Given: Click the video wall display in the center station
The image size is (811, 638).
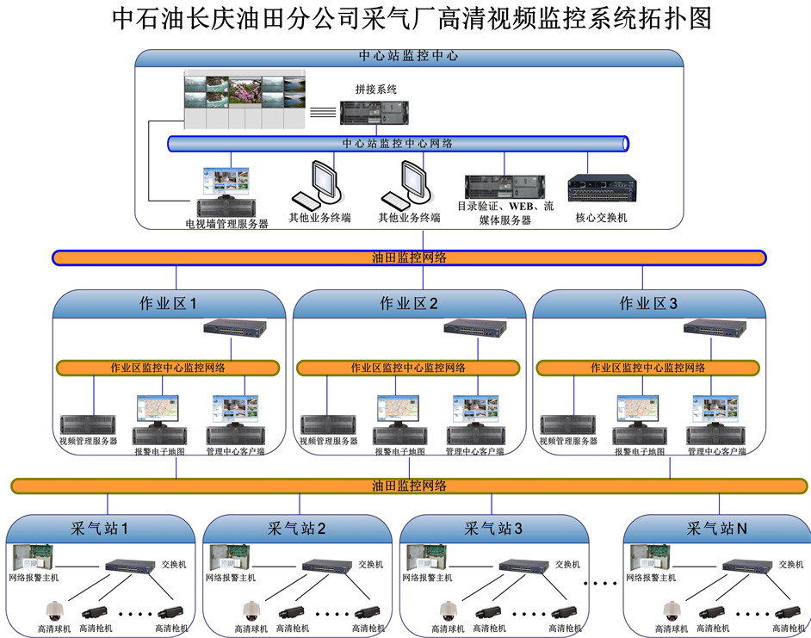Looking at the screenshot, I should (x=245, y=101).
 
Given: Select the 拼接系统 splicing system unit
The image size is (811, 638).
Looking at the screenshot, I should (x=374, y=112).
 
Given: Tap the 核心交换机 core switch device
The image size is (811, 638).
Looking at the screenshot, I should (x=602, y=190).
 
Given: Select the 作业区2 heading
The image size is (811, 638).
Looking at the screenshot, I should (x=409, y=304).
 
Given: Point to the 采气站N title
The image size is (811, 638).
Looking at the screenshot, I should (x=716, y=528).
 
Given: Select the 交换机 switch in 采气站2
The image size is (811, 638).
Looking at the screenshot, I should (x=326, y=566).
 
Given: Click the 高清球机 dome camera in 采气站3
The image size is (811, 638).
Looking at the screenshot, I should (x=447, y=610).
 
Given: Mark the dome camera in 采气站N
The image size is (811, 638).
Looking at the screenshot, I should (x=669, y=610).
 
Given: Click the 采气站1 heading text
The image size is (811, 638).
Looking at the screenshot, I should (x=100, y=528).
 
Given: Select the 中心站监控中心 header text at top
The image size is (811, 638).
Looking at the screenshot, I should (x=408, y=56).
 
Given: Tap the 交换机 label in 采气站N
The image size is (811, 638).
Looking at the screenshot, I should (x=790, y=565).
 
